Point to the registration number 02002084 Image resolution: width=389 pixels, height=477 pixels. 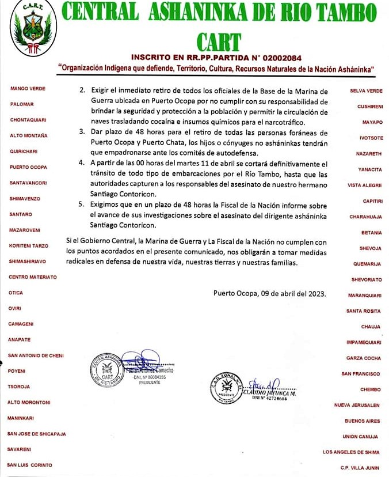tap(281, 58)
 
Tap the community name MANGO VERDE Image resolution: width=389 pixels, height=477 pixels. tap(28, 89)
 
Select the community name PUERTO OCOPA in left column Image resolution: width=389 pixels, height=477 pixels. tap(28, 167)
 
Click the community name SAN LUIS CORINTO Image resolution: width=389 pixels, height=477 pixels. tap(29, 464)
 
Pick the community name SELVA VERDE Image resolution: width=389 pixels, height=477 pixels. tap(366, 91)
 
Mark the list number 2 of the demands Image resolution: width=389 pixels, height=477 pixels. tap(82, 91)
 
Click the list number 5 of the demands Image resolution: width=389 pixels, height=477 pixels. tap(82, 206)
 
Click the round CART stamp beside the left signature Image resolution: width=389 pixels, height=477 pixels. tap(106, 369)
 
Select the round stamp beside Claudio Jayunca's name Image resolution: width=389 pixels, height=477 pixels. tap(226, 388)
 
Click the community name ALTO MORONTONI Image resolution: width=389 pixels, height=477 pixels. tap(29, 402)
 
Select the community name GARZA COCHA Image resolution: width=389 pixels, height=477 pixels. tap(363, 358)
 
